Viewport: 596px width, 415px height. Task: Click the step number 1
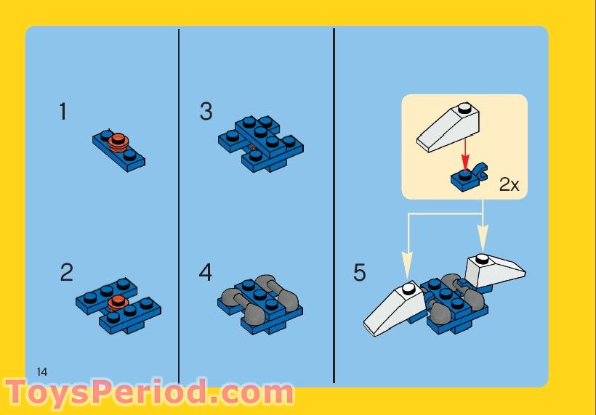[x=63, y=112]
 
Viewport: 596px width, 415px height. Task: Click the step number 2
[x=66, y=273]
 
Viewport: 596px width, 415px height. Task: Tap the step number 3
[x=206, y=112]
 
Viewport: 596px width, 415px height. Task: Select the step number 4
[x=206, y=273]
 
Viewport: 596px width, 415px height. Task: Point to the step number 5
[x=360, y=273]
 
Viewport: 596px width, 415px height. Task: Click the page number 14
[x=41, y=371]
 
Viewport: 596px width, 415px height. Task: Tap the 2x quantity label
[x=509, y=185]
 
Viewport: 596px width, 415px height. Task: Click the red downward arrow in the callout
[x=464, y=155]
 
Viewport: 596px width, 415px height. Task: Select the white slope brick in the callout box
[x=448, y=126]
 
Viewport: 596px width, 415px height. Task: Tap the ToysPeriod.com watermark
[x=148, y=393]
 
